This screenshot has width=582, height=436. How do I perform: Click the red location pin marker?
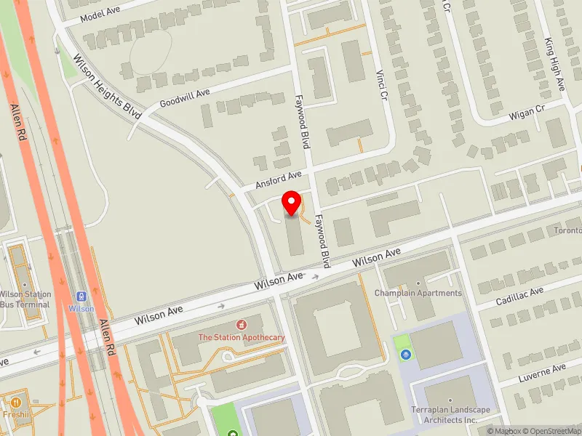click(292, 203)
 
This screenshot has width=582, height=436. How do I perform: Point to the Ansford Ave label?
click(278, 180)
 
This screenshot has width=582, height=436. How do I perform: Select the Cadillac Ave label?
click(519, 296)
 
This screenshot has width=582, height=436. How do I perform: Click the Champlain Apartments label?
click(418, 293)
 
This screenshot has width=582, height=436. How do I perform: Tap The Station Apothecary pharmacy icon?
click(239, 323)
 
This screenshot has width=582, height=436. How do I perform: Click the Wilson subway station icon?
click(81, 296)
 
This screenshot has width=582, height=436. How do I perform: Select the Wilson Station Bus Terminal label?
click(25, 299)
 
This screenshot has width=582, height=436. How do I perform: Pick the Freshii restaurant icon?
click(16, 402)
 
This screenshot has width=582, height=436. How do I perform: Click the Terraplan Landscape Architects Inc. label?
click(450, 415)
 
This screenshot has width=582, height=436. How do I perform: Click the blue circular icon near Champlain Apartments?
click(406, 355)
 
